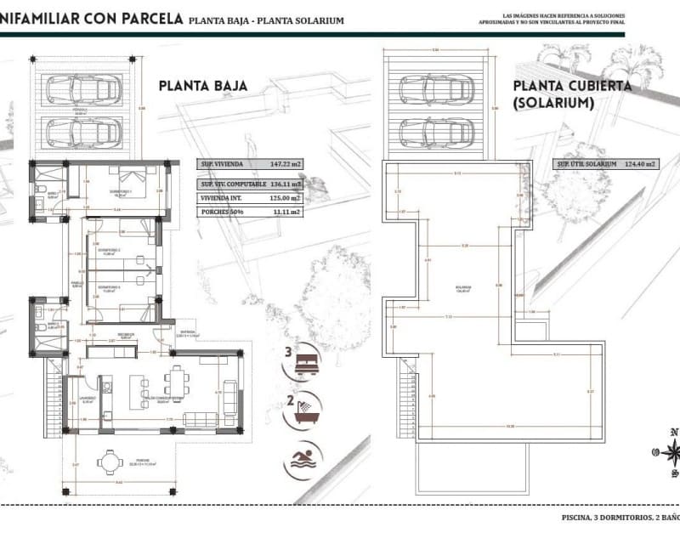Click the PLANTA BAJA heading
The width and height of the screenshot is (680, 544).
pos(203,85)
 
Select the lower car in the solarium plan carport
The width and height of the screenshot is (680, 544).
pos(435,131)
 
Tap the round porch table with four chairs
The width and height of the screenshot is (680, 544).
pos(110,462)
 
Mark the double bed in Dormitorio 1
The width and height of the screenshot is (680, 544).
pos(133,179)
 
